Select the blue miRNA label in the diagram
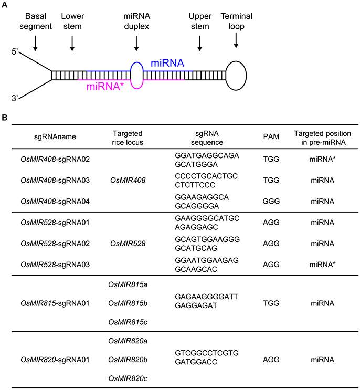(x=167, y=64)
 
